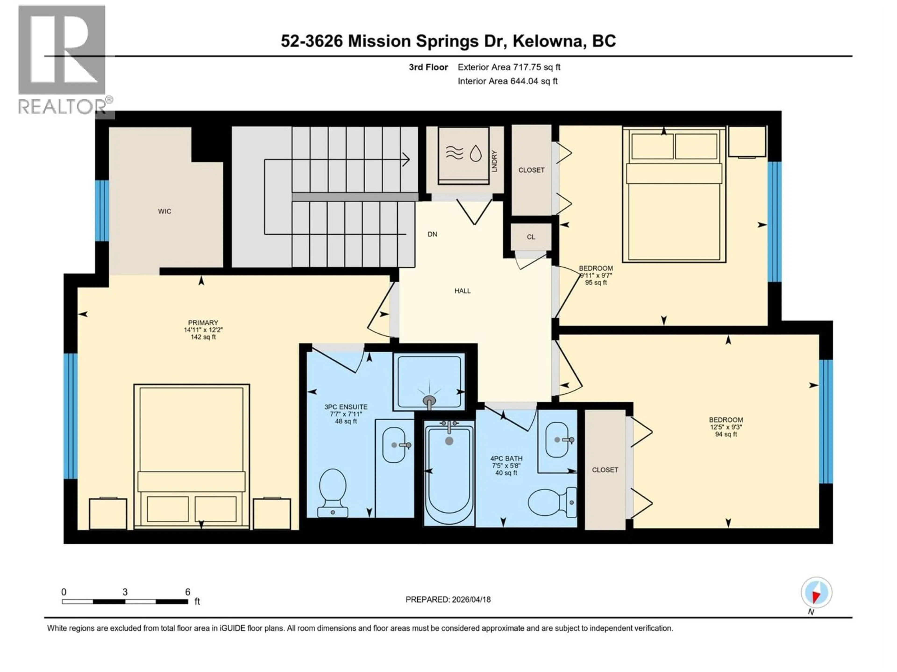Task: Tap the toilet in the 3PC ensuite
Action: click(333, 492)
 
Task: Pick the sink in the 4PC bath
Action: click(558, 440)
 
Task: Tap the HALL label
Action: click(462, 291)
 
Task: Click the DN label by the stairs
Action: click(432, 234)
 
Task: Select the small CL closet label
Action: click(531, 237)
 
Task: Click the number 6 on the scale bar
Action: click(188, 592)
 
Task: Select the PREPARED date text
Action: click(448, 599)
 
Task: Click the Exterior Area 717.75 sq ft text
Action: click(509, 67)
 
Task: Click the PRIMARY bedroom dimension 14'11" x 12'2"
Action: click(203, 330)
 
